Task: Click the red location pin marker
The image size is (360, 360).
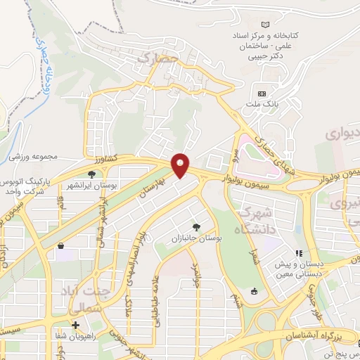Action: pos(181,165)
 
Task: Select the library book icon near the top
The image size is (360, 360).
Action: pos(265,23)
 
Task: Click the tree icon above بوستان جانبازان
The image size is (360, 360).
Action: pos(195,226)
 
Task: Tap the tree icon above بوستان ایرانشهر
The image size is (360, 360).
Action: pos(91,174)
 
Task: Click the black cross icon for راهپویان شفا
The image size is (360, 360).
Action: pos(75,324)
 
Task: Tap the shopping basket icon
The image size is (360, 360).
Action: pos(61,246)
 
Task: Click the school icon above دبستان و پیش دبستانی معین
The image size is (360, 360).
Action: pos(299,252)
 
